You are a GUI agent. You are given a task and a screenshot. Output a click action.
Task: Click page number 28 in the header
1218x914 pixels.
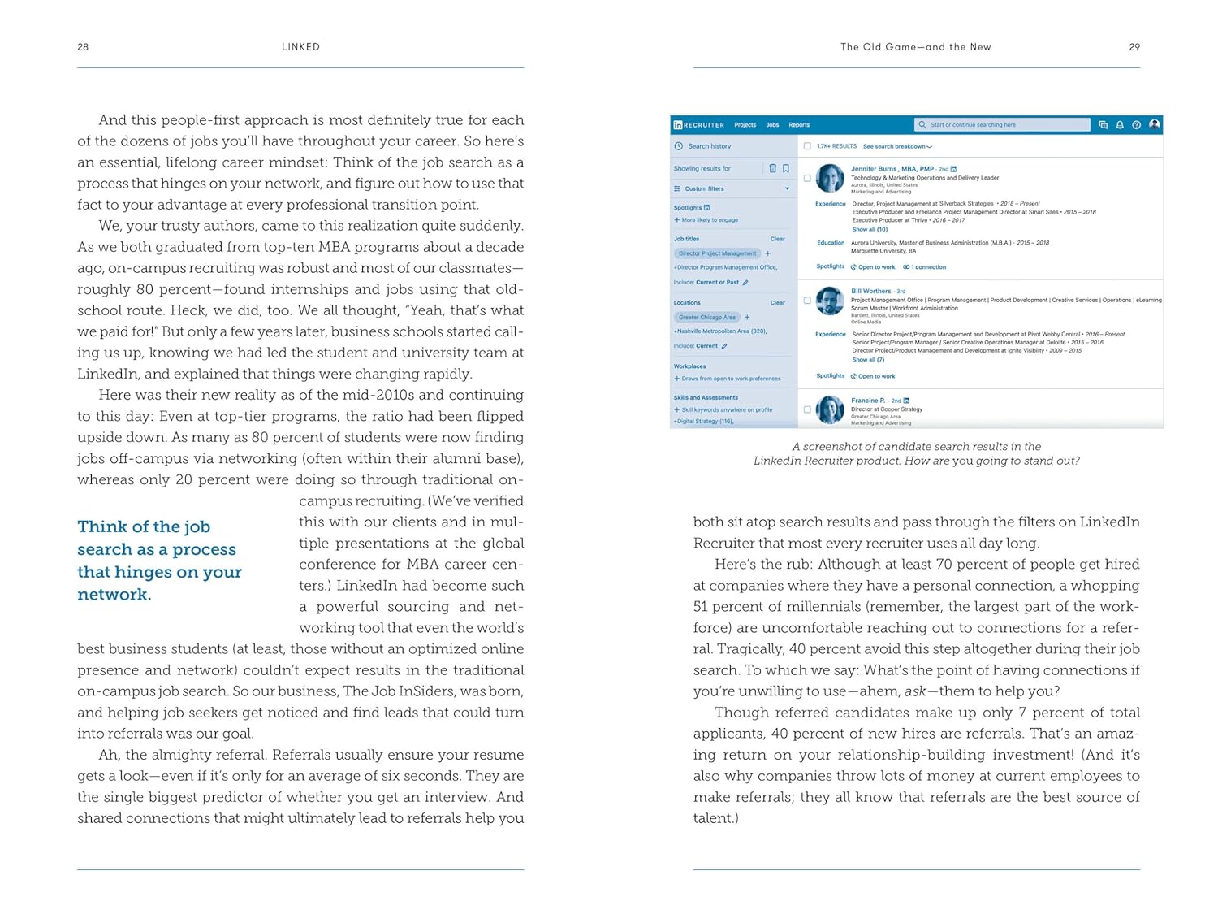tap(83, 47)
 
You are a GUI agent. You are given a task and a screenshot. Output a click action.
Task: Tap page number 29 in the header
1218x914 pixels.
tap(1134, 47)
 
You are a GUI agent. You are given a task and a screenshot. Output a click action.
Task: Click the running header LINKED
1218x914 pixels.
tap(300, 47)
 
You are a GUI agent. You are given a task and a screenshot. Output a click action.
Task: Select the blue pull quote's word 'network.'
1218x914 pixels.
tap(114, 594)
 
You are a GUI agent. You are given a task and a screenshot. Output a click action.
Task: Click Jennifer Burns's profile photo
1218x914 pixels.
tap(830, 178)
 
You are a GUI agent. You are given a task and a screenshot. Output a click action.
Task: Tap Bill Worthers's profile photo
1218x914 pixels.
tap(830, 301)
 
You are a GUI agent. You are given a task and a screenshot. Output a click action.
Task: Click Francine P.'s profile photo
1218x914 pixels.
tap(830, 409)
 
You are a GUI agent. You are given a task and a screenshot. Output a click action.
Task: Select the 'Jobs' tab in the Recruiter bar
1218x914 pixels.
tap(772, 125)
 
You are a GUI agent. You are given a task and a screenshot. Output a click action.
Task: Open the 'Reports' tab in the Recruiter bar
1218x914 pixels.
tap(799, 125)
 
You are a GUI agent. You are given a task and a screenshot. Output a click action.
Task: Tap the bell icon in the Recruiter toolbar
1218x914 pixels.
tap(1120, 125)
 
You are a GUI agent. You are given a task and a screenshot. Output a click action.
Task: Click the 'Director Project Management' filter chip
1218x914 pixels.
tap(717, 253)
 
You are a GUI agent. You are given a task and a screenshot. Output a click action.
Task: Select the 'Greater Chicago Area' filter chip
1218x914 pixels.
tap(707, 318)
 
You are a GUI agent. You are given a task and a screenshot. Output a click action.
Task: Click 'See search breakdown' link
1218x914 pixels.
tap(896, 147)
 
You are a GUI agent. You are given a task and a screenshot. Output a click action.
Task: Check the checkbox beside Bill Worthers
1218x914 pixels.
tap(807, 301)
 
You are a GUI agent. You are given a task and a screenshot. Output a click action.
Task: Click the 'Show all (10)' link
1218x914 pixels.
tap(870, 230)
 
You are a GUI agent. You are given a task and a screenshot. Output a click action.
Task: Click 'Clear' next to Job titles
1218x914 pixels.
tap(777, 239)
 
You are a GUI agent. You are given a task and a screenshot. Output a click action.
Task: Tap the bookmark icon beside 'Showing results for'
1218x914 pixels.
tap(786, 169)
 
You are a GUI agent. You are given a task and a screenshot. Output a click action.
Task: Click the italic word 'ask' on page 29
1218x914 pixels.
tap(915, 691)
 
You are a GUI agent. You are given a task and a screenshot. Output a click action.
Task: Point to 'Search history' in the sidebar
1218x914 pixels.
tap(709, 147)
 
